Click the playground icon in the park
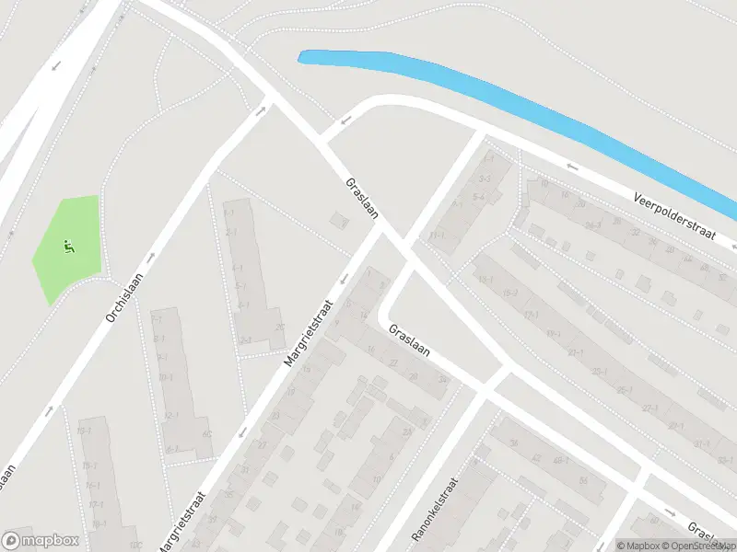[x=67, y=246]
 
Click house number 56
[x=583, y=479]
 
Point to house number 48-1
[x=559, y=460]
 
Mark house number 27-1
[x=650, y=408]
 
